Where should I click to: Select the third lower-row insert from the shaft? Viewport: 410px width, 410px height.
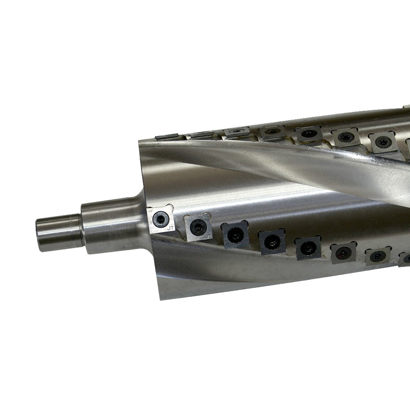[235, 235]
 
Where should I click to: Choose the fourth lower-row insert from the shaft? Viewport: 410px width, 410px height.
[271, 242]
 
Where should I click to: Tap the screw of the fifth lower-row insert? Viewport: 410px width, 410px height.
[307, 248]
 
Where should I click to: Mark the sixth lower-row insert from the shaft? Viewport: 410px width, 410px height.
[343, 253]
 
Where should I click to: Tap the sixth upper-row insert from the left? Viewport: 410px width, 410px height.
[345, 138]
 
